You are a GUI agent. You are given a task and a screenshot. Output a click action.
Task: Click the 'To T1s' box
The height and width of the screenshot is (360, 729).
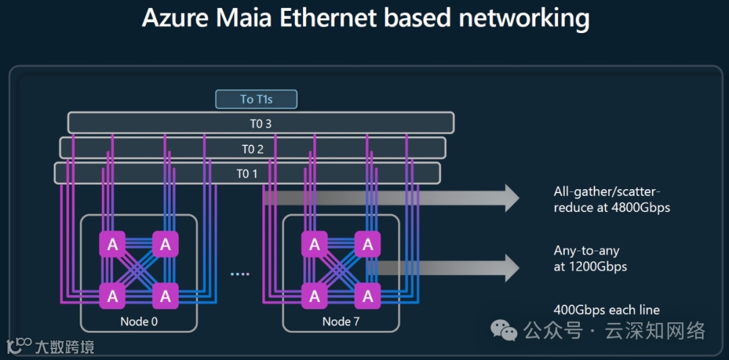pyautogui.click(x=256, y=99)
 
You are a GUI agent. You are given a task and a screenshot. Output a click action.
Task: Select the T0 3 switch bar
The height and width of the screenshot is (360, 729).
pyautogui.click(x=261, y=123)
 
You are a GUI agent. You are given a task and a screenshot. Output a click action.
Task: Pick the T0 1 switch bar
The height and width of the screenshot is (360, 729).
pyautogui.click(x=247, y=174)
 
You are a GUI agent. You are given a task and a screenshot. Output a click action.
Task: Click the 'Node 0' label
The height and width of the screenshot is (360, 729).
pyautogui.click(x=139, y=322)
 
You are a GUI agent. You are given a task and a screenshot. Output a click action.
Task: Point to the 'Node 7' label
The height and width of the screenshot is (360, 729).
pyautogui.click(x=341, y=322)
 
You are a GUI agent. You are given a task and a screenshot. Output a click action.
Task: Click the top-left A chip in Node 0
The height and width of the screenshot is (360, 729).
pyautogui.click(x=113, y=245)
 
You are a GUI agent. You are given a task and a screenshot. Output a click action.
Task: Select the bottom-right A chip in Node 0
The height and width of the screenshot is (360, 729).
pyautogui.click(x=165, y=295)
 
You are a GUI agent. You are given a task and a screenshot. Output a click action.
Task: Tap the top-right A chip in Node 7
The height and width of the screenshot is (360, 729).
pyautogui.click(x=367, y=245)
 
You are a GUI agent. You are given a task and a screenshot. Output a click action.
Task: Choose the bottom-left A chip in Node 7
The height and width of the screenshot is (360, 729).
pyautogui.click(x=315, y=295)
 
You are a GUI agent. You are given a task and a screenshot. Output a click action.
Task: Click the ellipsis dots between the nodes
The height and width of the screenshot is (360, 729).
pyautogui.click(x=240, y=274)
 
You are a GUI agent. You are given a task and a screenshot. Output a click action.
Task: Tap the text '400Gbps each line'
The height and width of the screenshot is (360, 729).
pyautogui.click(x=606, y=310)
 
